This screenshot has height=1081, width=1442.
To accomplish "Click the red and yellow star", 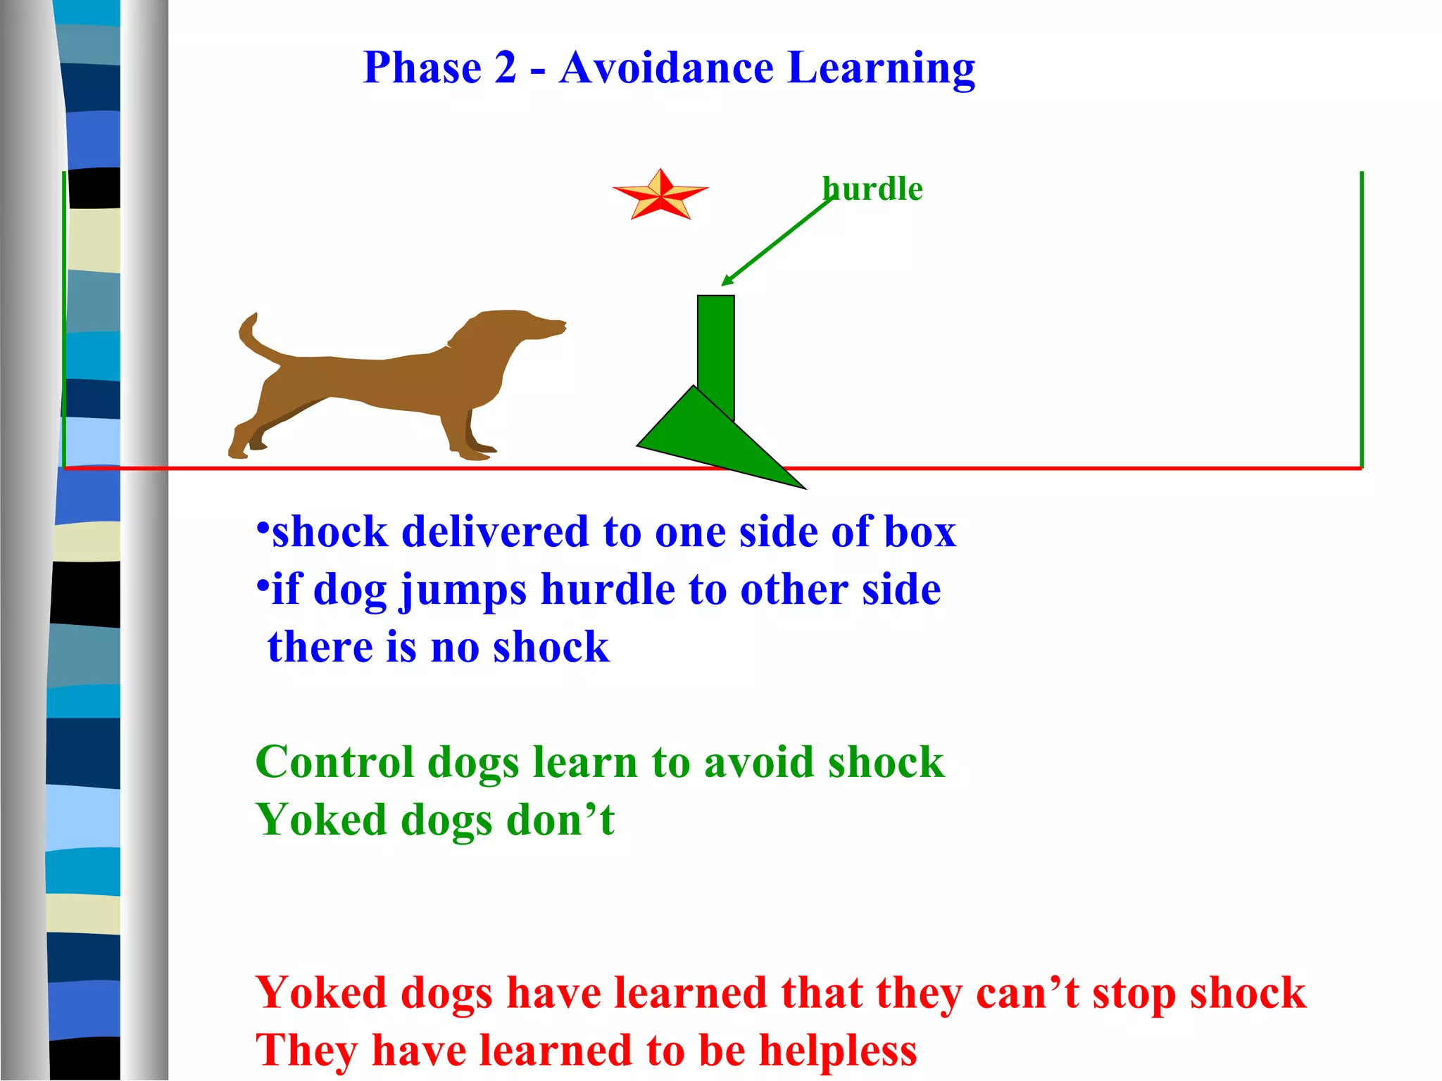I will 660,195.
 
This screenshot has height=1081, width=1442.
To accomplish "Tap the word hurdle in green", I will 873,189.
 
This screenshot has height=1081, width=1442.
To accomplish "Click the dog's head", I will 521,327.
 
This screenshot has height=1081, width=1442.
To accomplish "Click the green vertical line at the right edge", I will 1362,317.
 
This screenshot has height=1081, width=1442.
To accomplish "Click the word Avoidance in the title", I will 666,68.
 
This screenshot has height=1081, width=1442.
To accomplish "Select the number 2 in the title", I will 505,68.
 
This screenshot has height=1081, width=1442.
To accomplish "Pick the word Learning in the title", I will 881,70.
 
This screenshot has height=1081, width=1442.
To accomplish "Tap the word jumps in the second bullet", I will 463,591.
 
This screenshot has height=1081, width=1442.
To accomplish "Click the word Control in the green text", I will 334,762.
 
